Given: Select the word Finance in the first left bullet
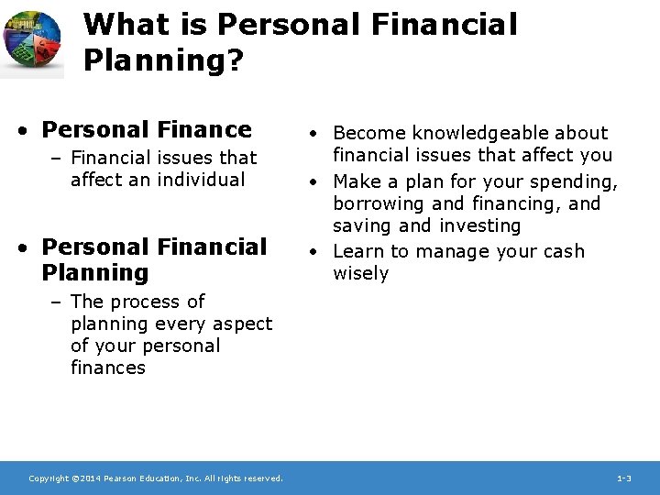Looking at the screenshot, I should (x=210, y=129).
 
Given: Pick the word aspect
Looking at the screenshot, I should (x=243, y=324).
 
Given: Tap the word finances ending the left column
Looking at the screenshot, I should (x=107, y=368).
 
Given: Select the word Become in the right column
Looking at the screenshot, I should (x=365, y=134).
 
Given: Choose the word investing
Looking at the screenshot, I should (x=485, y=225).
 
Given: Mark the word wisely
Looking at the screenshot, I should (x=360, y=273).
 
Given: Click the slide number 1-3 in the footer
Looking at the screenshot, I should (x=623, y=478).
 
